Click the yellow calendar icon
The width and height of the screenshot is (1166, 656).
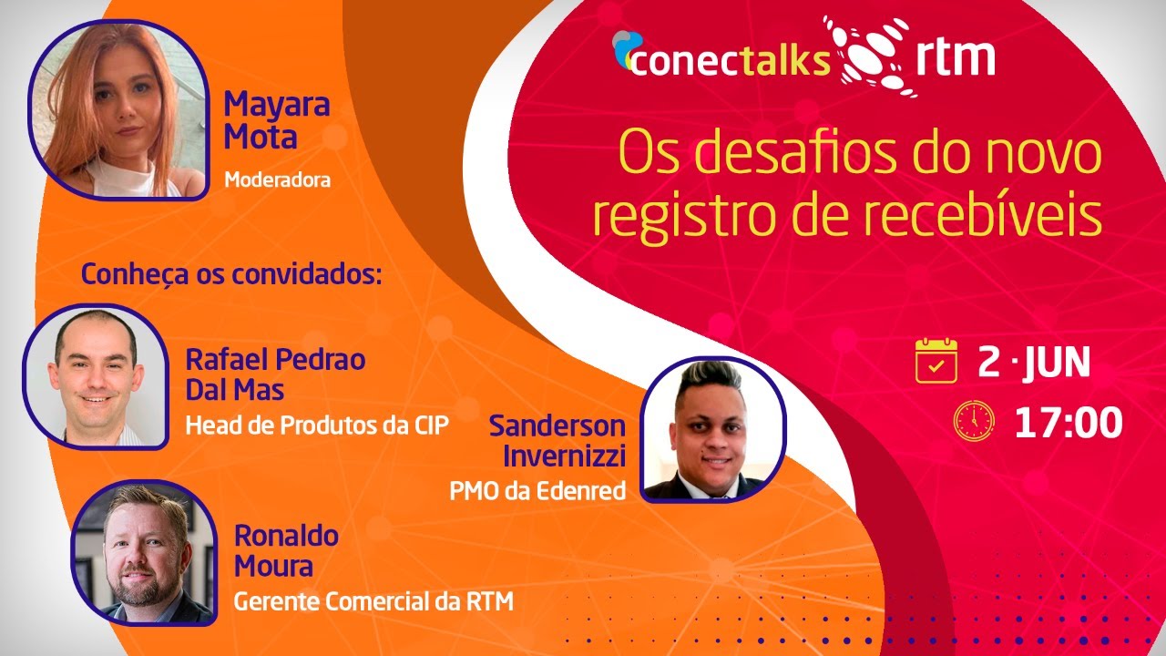click(x=936, y=360)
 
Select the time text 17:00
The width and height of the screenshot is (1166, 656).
click(x=1069, y=422)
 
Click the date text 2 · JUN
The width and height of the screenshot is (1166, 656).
click(x=1034, y=362)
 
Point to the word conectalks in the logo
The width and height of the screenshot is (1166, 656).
click(x=729, y=60)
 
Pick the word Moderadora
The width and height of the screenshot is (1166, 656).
click(x=277, y=180)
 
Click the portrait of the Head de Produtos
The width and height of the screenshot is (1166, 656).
click(x=95, y=376)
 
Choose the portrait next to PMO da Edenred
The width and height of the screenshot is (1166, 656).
click(x=713, y=429)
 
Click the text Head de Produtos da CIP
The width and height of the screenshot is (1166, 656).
click(x=317, y=425)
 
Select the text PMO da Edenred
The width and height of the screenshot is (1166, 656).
click(x=537, y=491)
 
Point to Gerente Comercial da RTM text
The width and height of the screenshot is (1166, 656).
click(x=373, y=601)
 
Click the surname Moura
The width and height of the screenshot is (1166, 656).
click(x=273, y=566)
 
